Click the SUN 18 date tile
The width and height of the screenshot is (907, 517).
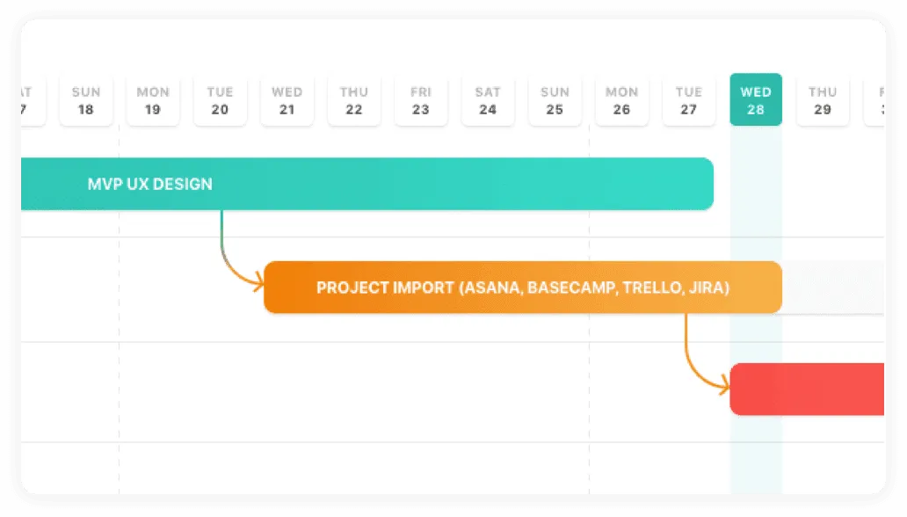point(85,100)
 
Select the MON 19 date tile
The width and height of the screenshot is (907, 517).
point(153,100)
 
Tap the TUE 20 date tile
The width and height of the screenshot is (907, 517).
point(220,100)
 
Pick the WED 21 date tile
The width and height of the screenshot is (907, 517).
point(287,100)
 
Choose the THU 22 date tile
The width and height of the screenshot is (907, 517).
point(354,100)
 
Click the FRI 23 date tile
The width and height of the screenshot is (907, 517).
point(421,100)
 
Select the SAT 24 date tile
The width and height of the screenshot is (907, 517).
point(488,100)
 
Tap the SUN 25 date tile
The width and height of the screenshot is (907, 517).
point(555,100)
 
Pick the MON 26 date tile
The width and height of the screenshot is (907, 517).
point(621,100)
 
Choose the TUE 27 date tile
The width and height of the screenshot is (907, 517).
point(688,100)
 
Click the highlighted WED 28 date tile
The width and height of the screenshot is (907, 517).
point(756,100)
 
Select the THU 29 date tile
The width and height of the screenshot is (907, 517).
point(823,100)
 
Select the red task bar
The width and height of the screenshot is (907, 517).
point(807,389)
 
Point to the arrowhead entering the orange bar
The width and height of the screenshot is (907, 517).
point(258,283)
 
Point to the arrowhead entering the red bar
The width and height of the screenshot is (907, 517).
point(724,383)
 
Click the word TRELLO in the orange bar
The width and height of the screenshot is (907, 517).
point(649,288)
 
